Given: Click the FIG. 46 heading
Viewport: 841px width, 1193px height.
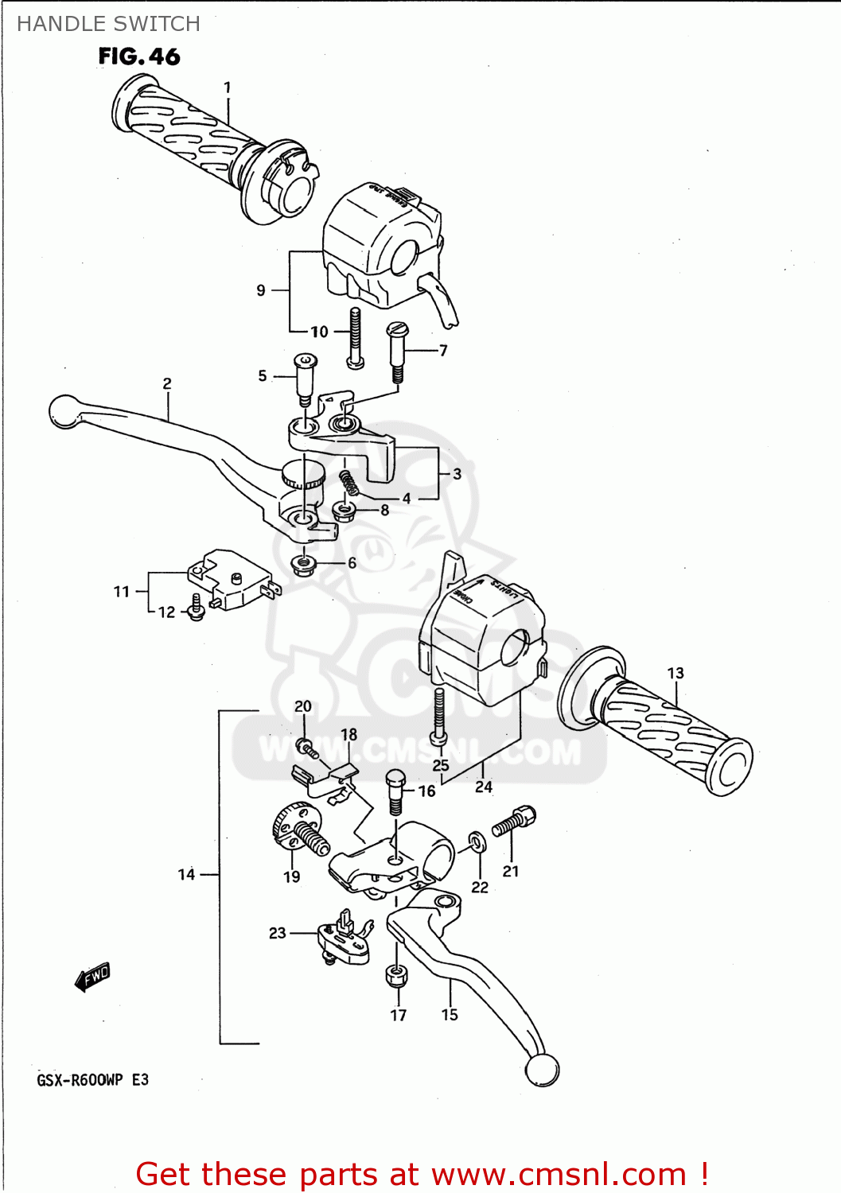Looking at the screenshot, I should tap(139, 56).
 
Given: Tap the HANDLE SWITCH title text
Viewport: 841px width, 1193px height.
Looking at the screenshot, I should tap(108, 24).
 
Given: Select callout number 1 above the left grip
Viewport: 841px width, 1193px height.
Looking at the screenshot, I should tap(228, 87).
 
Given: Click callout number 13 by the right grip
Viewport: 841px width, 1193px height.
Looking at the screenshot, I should tap(675, 673).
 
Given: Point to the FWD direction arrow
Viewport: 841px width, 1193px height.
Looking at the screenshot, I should tap(92, 976).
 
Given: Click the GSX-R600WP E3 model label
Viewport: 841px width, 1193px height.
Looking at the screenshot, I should tap(92, 1079).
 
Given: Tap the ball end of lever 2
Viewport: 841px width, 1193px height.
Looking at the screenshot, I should tap(64, 411).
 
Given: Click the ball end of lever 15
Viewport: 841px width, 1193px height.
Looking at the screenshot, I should tap(542, 1070).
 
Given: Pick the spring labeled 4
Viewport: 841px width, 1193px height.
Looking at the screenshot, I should tap(348, 482).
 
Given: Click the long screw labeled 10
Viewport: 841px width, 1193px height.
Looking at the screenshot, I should tap(355, 338).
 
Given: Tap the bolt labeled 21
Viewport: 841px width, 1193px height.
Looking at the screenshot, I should tap(515, 822).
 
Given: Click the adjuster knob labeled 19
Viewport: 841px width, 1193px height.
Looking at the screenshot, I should tap(298, 827).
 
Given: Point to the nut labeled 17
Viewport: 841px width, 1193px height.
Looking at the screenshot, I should tap(397, 975).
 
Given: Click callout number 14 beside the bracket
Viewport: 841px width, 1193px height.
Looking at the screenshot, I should tap(186, 874).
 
